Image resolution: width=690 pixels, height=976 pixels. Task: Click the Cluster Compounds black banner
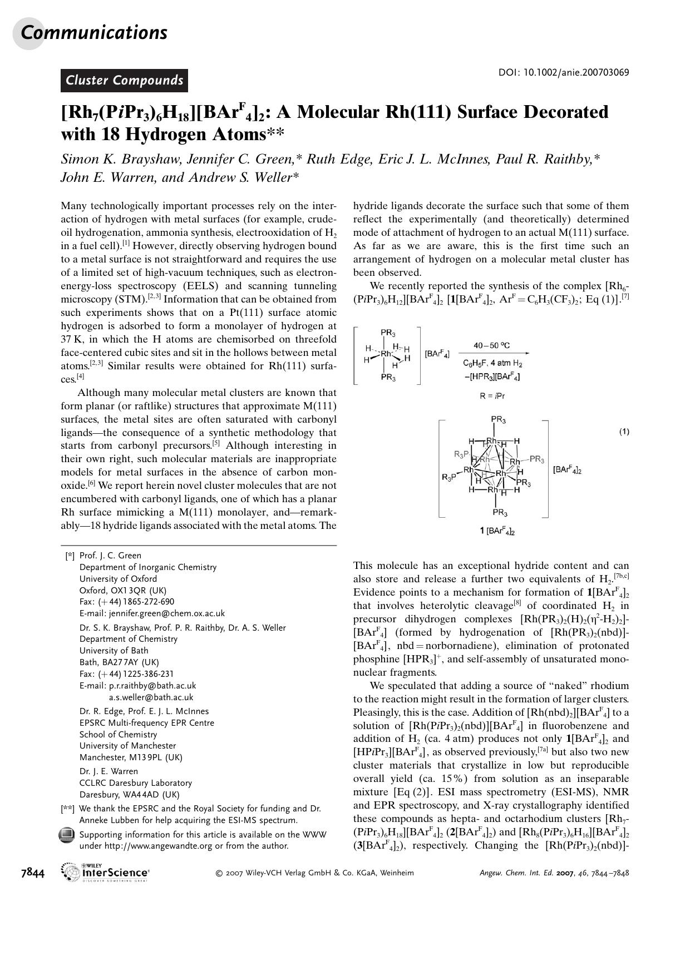(124, 81)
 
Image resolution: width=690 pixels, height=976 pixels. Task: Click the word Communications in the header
(93, 33)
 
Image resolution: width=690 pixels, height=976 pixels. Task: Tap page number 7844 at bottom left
(33, 873)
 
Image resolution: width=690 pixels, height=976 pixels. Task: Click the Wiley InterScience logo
(106, 873)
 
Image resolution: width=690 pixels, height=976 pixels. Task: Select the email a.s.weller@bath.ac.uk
(151, 697)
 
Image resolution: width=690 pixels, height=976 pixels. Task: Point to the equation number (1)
(624, 432)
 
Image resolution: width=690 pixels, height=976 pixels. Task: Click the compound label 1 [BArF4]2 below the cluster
(497, 531)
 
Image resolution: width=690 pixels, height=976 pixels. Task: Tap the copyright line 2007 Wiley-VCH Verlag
(314, 873)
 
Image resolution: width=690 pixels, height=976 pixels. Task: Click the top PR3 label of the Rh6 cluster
(498, 420)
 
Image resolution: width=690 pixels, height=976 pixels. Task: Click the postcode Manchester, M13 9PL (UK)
(131, 757)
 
